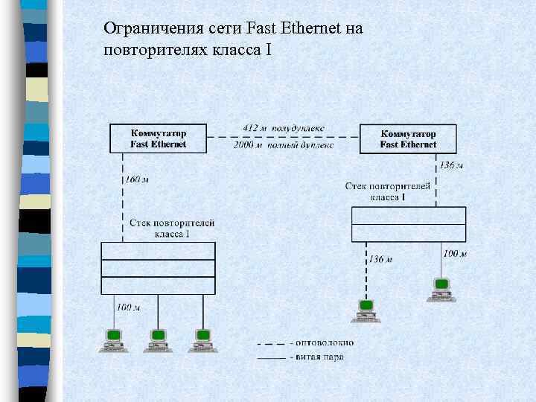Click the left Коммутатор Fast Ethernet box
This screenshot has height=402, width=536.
[158, 138]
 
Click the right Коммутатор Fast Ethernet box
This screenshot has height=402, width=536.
[408, 138]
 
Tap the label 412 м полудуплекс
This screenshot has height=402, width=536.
[283, 128]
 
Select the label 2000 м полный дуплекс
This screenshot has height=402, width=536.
[283, 145]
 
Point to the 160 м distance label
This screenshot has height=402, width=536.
[137, 179]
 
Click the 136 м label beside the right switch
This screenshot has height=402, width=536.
[451, 165]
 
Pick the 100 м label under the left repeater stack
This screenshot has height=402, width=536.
[128, 307]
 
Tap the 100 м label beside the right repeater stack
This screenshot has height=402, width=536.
[454, 254]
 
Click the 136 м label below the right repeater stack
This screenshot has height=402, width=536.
[380, 259]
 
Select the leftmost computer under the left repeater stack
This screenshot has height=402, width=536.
[113, 339]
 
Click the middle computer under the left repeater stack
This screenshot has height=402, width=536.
[157, 339]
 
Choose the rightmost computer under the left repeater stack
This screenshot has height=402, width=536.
[201, 339]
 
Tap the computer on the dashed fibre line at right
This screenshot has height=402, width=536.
[366, 310]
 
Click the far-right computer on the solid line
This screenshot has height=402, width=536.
[441, 288]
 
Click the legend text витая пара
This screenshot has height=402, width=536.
[320, 357]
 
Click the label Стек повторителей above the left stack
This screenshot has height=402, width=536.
[172, 223]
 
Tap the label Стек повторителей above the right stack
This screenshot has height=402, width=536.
[388, 185]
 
